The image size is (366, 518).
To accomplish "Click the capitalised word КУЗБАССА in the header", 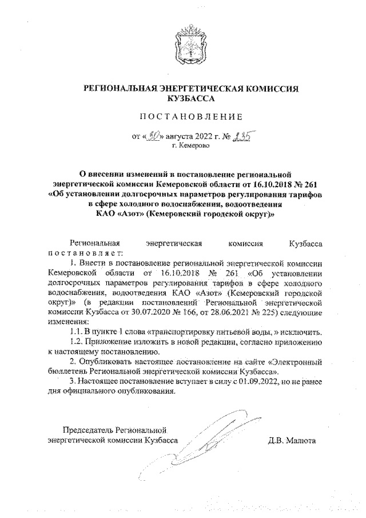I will [183, 99].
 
